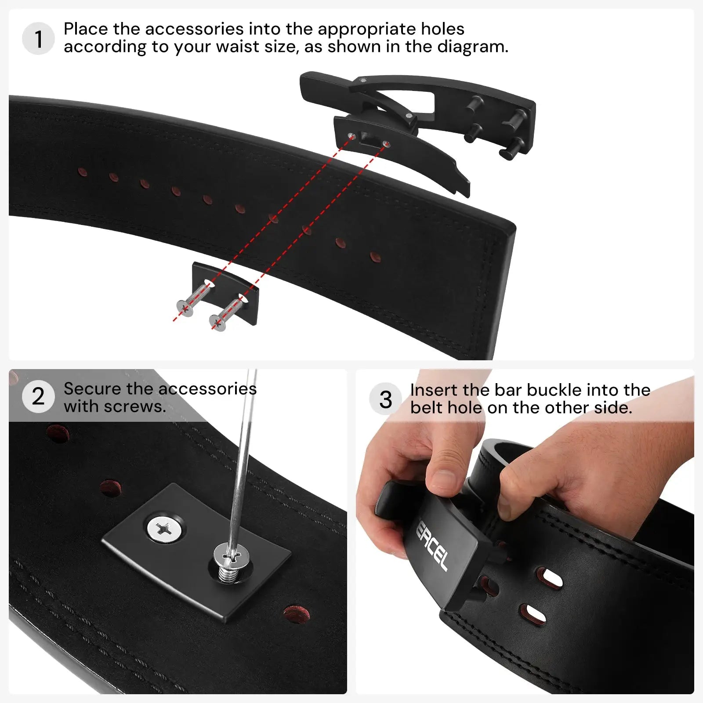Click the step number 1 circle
coord(38,39)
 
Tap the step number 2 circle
coord(38,396)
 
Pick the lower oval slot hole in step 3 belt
coord(533,614)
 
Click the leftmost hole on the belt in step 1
coord(82,171)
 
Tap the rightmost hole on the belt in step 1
coord(375,257)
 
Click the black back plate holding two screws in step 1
coord(225,294)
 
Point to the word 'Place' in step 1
coord(86,29)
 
